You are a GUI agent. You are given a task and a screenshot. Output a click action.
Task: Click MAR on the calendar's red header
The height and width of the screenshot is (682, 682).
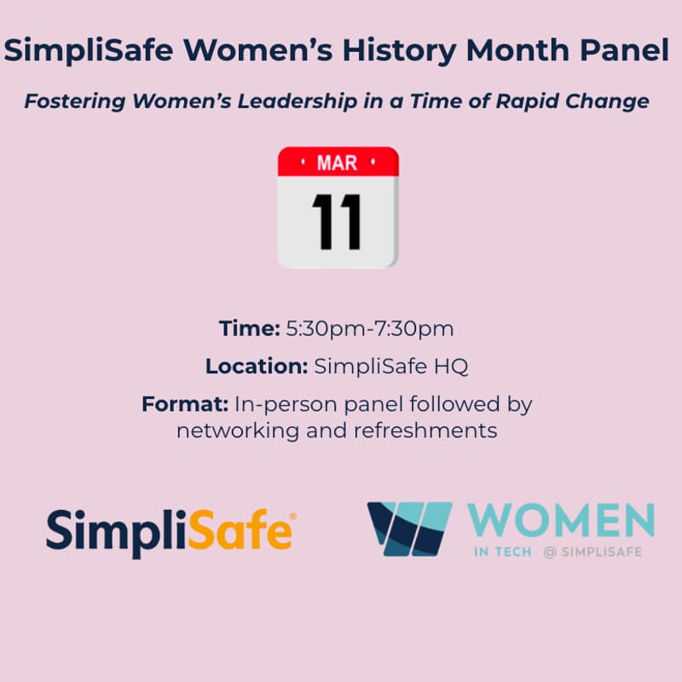click(337, 163)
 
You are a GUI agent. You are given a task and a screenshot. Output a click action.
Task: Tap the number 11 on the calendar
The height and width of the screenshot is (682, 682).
click(337, 219)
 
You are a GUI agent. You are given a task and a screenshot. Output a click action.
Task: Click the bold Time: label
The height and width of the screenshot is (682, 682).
click(250, 328)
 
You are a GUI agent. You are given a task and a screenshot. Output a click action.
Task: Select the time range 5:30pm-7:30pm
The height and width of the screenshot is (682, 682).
click(369, 328)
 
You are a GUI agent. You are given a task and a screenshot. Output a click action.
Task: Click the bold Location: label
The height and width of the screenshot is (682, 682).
click(257, 367)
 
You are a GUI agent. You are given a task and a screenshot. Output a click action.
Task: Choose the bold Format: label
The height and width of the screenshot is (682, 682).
click(185, 404)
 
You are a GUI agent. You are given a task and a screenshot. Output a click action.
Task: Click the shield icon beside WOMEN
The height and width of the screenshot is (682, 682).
click(409, 529)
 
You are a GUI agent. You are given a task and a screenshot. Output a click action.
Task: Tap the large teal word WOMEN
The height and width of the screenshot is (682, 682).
click(563, 521)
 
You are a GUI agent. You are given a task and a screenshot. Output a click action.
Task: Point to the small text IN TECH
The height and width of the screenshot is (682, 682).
click(503, 552)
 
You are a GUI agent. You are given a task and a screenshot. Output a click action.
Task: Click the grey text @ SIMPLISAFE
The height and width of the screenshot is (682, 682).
click(592, 552)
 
